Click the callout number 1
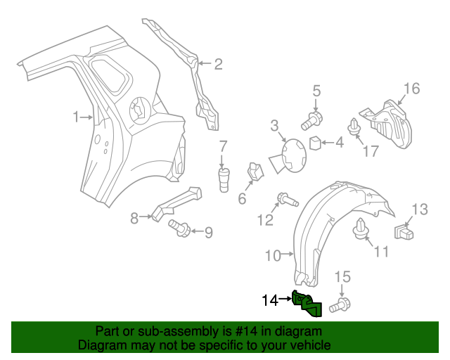click(x=77, y=117)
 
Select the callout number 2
click(x=218, y=65)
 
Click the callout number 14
click(x=270, y=300)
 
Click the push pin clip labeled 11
click(x=363, y=229)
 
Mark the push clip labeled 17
click(x=353, y=127)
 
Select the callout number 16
click(x=411, y=88)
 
